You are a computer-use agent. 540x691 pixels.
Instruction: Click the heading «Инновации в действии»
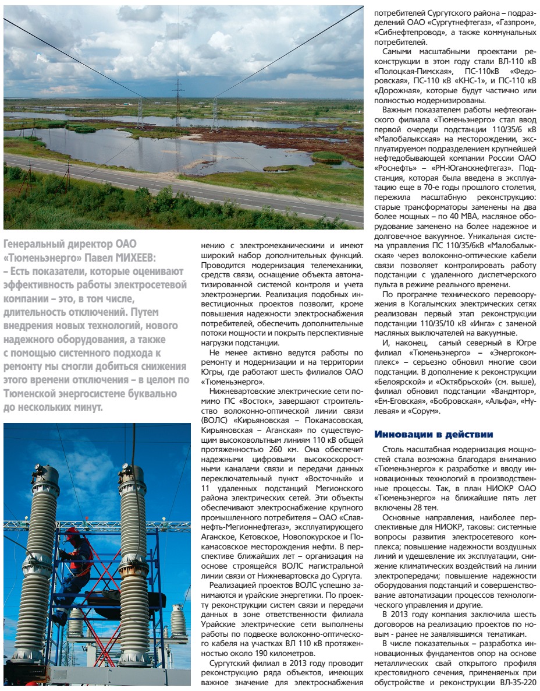coord(434,435)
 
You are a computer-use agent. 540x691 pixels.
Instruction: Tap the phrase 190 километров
coord(264,654)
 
